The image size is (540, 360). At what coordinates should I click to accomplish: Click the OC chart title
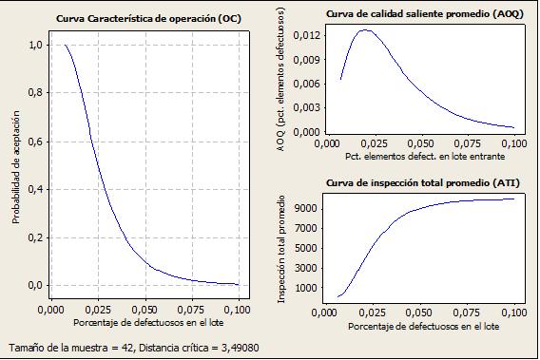click(148, 19)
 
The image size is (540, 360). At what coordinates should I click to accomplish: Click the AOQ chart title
click(425, 14)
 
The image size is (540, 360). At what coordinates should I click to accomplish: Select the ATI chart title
click(422, 183)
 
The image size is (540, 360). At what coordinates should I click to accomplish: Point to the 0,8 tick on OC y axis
click(35, 92)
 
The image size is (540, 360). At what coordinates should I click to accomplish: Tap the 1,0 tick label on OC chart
click(35, 45)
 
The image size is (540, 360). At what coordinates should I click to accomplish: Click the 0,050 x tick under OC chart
click(145, 310)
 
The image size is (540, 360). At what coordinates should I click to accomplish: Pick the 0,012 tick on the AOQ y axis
click(306, 35)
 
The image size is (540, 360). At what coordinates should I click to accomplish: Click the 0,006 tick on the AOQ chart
click(306, 84)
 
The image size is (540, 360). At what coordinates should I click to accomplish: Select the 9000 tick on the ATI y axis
click(306, 209)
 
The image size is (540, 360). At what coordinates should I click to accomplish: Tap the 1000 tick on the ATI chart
click(306, 288)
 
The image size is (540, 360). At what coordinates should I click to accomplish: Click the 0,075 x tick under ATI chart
click(467, 313)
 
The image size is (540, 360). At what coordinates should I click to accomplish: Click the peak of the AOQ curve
click(365, 30)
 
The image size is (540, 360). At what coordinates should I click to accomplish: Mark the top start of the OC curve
click(65, 45)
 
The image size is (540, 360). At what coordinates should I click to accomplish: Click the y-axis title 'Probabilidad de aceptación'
click(16, 167)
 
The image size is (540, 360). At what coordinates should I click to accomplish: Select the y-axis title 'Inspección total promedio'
click(281, 249)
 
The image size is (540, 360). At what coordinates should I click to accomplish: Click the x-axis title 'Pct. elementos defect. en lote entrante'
click(425, 157)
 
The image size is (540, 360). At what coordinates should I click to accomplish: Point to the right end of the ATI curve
click(514, 199)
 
